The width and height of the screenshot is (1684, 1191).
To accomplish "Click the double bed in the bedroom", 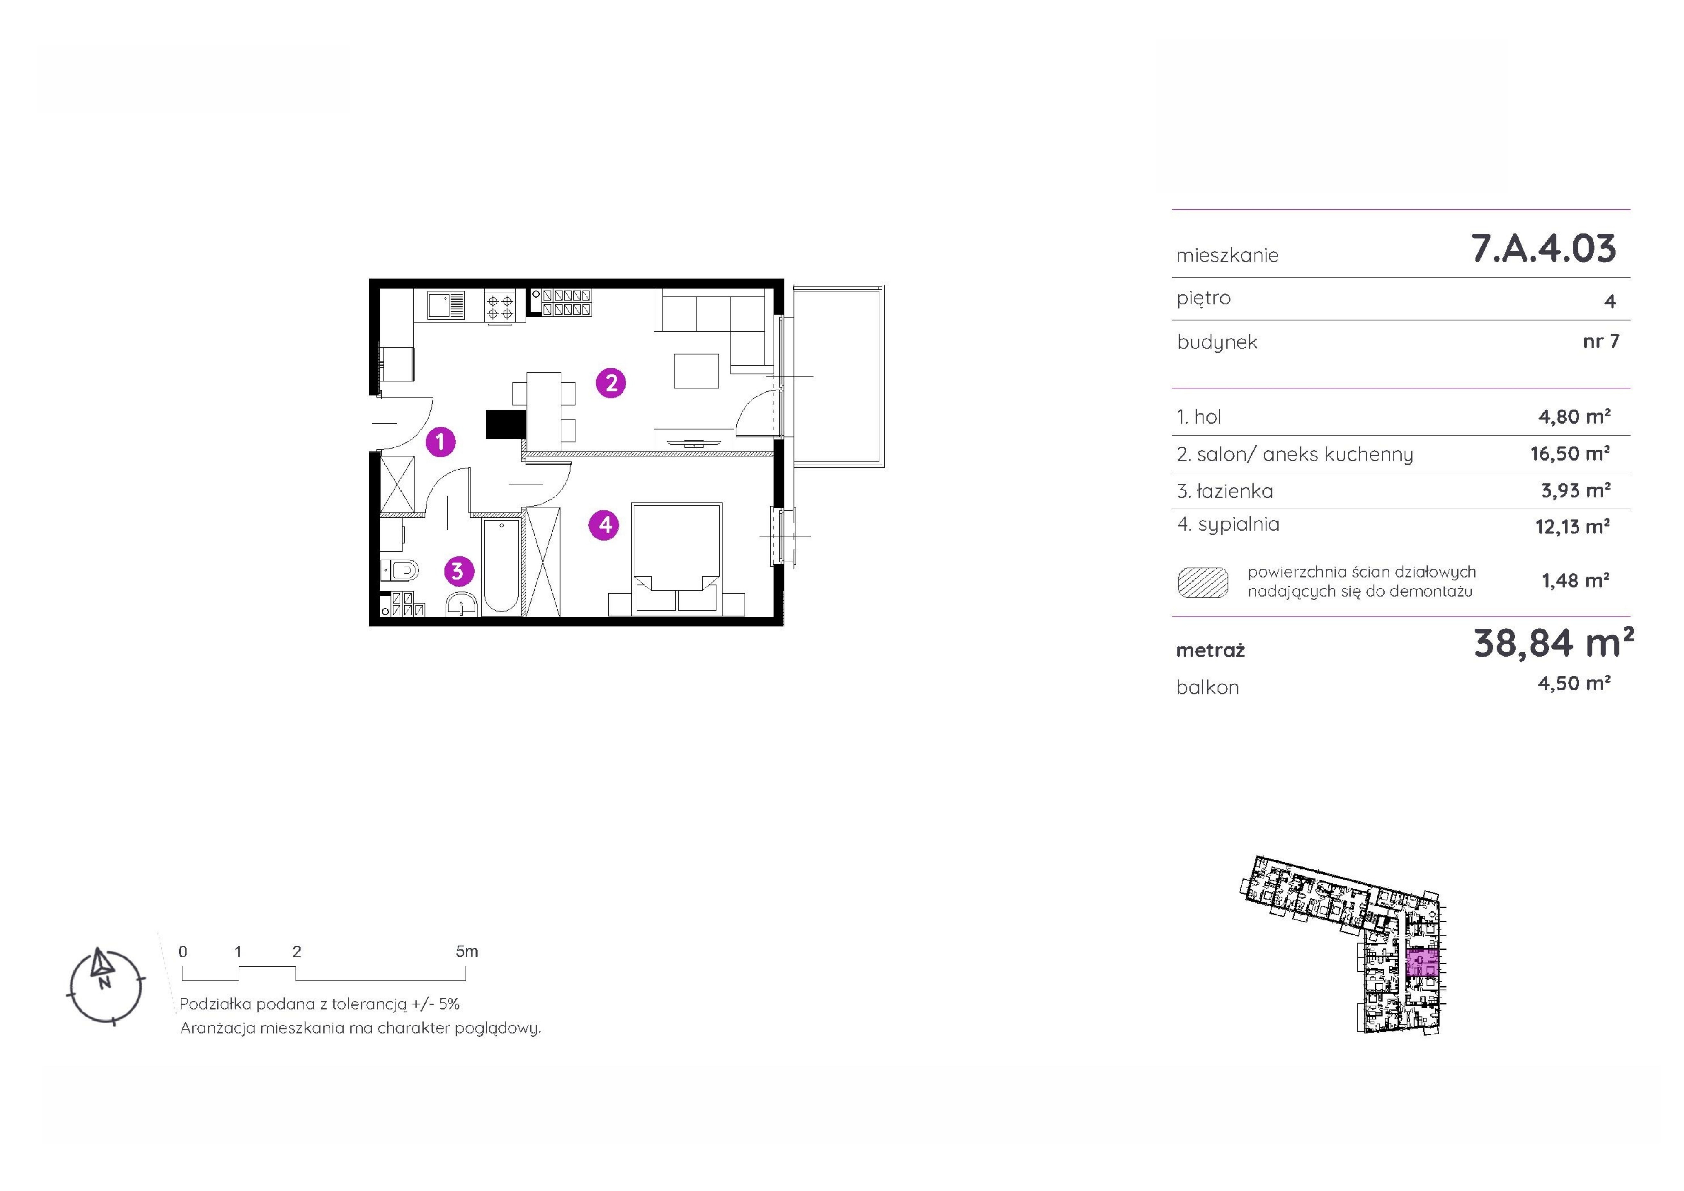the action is tap(676, 558).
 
